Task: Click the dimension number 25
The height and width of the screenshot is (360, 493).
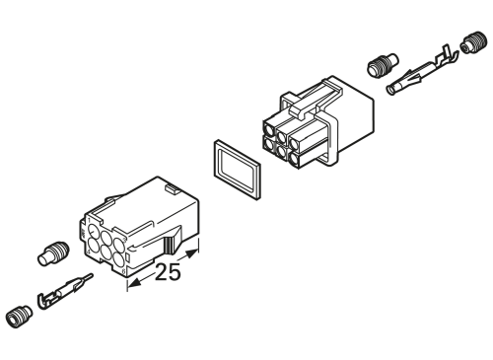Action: [168, 273]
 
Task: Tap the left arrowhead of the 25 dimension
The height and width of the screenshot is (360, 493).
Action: [128, 289]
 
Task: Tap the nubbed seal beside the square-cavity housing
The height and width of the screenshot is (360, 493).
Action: [381, 66]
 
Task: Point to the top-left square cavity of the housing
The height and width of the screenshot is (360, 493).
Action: [271, 128]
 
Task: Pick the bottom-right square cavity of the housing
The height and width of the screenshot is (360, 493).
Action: [306, 153]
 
